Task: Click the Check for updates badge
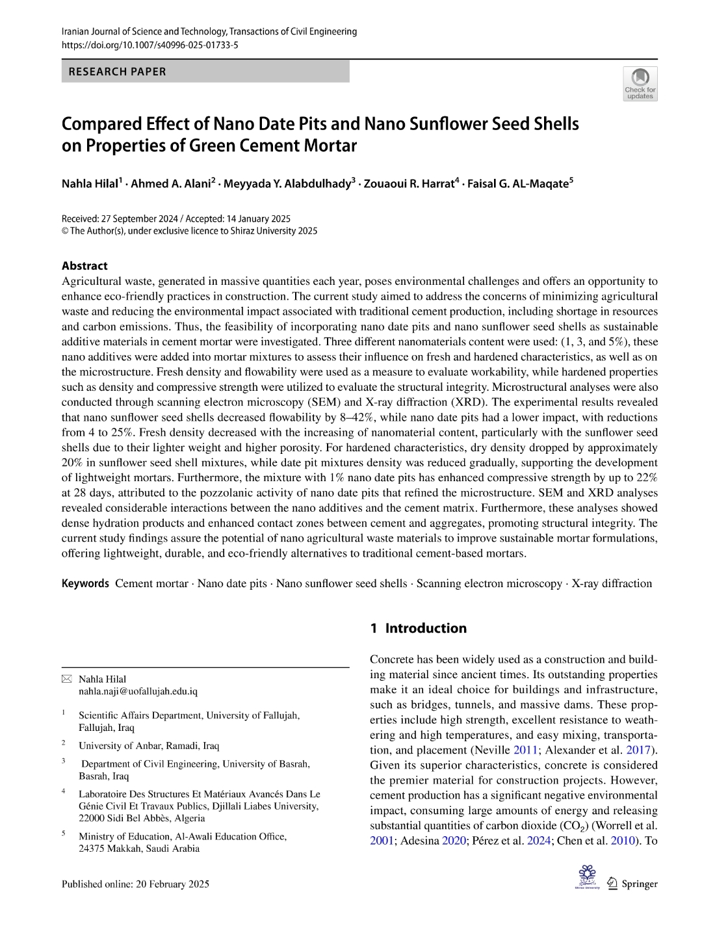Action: pos(640,84)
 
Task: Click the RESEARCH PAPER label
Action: pos(117,72)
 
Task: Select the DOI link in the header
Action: pos(149,45)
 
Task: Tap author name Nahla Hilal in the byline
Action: pos(90,183)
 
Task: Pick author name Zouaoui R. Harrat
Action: pos(409,183)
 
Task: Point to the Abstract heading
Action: pos(84,266)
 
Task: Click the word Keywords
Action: pos(85,583)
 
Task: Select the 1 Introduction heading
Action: pos(418,628)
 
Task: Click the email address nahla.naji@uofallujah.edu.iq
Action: pos(138,692)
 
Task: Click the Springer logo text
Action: pos(640,884)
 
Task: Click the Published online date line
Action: pos(135,884)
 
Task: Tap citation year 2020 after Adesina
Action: pos(454,841)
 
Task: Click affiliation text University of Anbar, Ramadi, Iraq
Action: pos(149,746)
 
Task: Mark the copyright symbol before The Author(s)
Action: pos(65,231)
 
